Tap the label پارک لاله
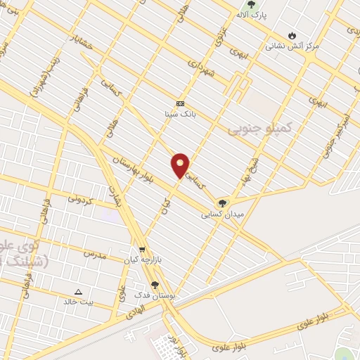(251, 15)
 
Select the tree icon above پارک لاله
(251, 4)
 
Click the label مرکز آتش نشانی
(292, 46)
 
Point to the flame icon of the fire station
(292, 35)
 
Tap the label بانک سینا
(180, 112)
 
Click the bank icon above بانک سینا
(180, 103)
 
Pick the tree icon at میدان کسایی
(222, 202)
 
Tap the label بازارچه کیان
(143, 259)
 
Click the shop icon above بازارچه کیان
(143, 250)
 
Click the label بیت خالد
(77, 302)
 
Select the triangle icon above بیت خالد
(78, 292)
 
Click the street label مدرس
(94, 253)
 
